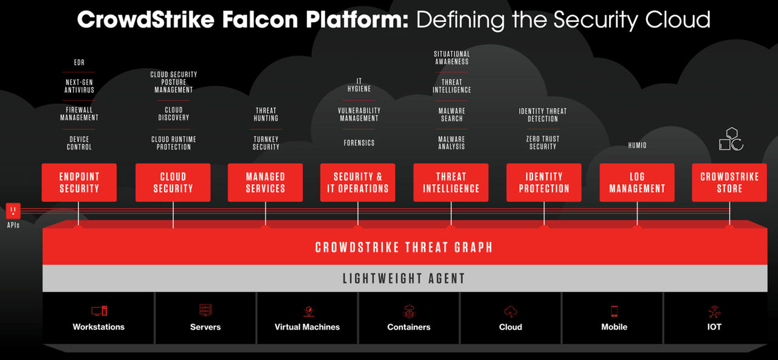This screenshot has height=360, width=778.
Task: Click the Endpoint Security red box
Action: (x=79, y=182)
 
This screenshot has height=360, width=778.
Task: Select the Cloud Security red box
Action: (x=173, y=182)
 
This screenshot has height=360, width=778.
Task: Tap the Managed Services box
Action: (x=266, y=182)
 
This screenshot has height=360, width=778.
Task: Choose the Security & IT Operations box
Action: (x=358, y=182)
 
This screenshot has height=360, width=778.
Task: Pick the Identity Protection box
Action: (x=544, y=182)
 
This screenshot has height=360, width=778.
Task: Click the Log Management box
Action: (x=637, y=182)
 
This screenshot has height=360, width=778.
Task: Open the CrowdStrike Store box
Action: (x=729, y=182)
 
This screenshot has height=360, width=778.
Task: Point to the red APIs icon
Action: (x=13, y=211)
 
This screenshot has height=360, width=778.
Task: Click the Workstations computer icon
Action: (x=98, y=311)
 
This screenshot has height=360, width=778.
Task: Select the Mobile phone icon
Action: (x=614, y=311)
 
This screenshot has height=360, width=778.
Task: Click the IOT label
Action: (x=714, y=327)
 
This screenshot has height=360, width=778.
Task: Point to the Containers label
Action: (x=408, y=327)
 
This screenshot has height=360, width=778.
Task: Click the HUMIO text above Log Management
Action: (x=637, y=145)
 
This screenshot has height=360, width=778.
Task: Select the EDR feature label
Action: (x=79, y=63)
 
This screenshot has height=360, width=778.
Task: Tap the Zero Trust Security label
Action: (x=543, y=143)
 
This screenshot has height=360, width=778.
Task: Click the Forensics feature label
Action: (x=359, y=143)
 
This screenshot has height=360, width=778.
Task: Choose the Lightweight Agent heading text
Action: (x=404, y=279)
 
